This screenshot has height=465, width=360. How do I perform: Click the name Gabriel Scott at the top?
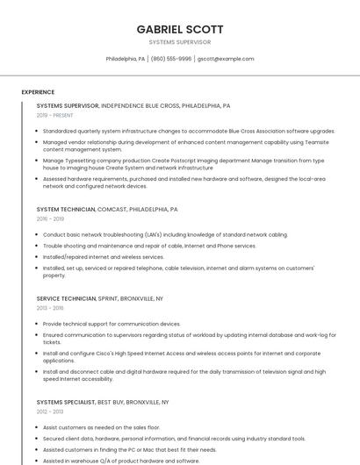click(179, 29)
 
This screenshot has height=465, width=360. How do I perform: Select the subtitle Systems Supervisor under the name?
click(179, 42)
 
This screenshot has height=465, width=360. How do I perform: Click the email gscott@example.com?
click(226, 59)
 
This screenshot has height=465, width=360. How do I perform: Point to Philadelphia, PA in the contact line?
click(126, 59)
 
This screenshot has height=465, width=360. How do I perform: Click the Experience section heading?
click(38, 91)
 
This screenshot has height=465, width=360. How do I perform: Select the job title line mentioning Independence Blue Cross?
click(133, 105)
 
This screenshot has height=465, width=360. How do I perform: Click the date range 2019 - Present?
click(54, 115)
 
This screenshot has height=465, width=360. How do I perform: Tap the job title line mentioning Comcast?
click(107, 210)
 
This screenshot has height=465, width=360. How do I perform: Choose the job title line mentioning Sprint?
click(100, 299)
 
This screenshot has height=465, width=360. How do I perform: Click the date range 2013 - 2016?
click(50, 309)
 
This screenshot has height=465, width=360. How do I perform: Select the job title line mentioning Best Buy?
click(103, 402)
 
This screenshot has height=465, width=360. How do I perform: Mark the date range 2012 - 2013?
click(50, 411)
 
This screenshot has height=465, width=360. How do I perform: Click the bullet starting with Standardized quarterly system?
click(188, 131)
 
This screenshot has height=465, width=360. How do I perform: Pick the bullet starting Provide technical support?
click(112, 324)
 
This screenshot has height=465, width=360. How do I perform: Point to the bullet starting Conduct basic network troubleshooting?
click(165, 235)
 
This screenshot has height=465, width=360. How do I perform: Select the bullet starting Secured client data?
click(174, 438)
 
